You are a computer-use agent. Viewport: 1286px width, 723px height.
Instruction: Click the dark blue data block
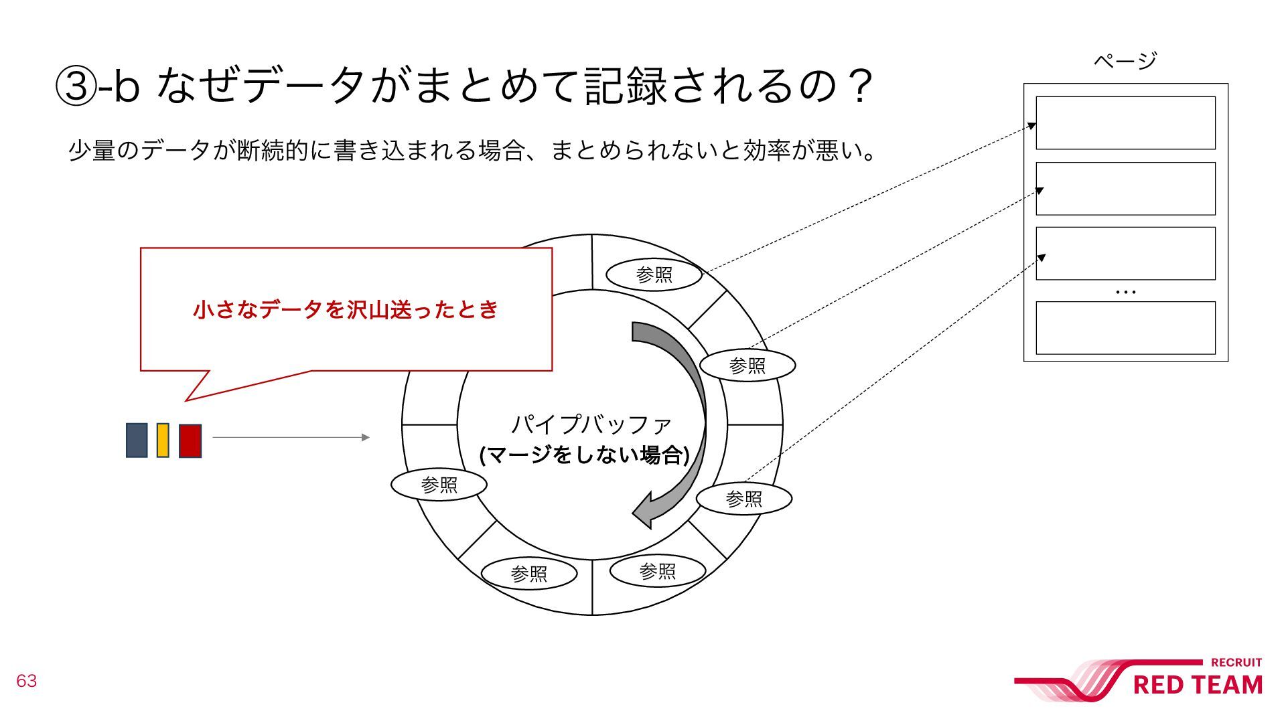pos(137,440)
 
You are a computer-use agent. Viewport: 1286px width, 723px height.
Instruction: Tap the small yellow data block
pos(163,440)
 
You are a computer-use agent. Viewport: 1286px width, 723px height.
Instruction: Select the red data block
pos(190,440)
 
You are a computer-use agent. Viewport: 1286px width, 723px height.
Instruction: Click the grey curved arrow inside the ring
pos(676,415)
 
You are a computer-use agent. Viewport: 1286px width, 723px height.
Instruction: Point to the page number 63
pos(27,681)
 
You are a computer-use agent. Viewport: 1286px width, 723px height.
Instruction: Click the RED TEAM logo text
pos(1198,685)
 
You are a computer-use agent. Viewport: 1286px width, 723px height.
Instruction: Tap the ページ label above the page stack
pos(1125,61)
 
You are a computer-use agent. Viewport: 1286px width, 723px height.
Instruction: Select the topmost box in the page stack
pos(1125,123)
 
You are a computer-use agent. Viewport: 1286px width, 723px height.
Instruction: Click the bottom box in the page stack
pos(1125,328)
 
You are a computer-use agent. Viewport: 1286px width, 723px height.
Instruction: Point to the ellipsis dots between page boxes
pos(1126,292)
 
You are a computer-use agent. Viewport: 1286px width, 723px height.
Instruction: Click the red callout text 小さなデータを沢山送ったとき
pos(346,310)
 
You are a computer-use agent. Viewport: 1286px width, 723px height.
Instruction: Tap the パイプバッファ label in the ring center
pos(591,424)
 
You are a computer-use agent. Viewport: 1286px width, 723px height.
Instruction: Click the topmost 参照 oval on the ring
pos(654,274)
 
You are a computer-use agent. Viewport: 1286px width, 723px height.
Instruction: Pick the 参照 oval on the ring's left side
pos(439,485)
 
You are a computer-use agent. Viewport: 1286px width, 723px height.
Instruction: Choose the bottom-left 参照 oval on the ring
pos(529,574)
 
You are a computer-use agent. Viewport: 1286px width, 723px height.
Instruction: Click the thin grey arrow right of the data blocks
pos(291,437)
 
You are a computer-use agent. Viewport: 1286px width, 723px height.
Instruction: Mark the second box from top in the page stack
pos(1125,189)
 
